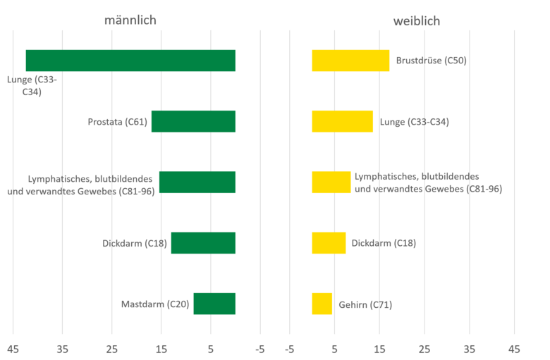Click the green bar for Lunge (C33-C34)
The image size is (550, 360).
pos(130,61)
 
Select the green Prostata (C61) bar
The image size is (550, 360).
pos(193,121)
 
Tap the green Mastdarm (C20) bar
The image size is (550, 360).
pos(214,304)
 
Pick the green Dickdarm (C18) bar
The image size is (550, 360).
pos(203,243)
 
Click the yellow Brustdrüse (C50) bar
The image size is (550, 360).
pos(350,61)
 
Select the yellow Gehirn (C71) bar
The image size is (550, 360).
pos(322,304)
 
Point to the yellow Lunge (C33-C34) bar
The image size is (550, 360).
pos(342,121)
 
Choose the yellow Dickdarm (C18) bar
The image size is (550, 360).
pos(329,243)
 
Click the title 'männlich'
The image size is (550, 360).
pos(130,20)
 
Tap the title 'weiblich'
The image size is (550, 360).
pos(416,21)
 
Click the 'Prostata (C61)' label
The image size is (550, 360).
pos(118,122)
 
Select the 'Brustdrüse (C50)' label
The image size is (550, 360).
pos(432,61)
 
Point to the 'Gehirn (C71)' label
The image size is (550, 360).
pos(365,304)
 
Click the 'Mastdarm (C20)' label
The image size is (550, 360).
pos(155,304)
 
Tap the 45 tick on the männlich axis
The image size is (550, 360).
pos(13,349)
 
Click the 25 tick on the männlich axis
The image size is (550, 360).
pos(111,349)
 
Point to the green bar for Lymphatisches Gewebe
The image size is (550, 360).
pos(197,182)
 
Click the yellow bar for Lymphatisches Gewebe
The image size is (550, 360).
pos(331,182)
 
